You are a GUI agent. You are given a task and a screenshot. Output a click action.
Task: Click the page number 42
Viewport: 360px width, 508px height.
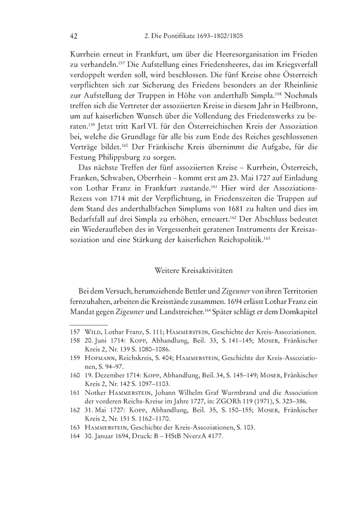click(x=73, y=37)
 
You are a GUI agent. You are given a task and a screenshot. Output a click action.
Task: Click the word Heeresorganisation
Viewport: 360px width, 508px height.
click(x=228, y=55)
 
